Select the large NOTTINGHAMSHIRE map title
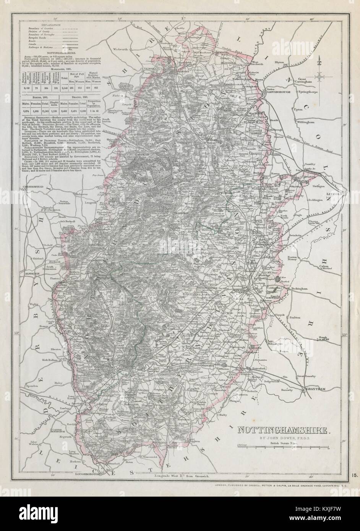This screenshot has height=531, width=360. pyautogui.click(x=283, y=431)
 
